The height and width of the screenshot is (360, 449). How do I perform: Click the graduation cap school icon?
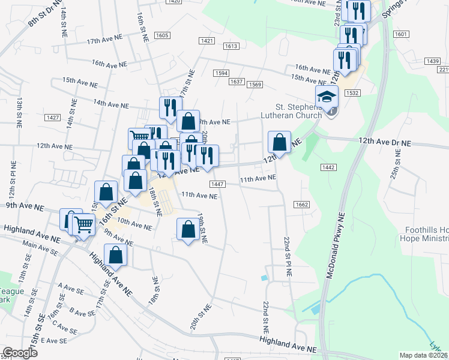click(327, 96)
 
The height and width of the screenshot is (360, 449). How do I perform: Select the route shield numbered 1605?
click(161, 36)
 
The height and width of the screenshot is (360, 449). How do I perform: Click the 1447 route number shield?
click(217, 184)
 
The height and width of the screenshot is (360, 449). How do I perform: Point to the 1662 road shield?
click(301, 205)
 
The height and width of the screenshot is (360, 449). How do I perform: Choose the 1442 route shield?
click(328, 167)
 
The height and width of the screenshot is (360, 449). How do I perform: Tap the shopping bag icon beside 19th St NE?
click(188, 229)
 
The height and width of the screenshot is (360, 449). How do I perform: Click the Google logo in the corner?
click(20, 353)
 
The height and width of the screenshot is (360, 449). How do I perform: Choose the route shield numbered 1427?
click(52, 118)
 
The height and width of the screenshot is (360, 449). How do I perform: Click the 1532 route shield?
click(352, 93)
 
